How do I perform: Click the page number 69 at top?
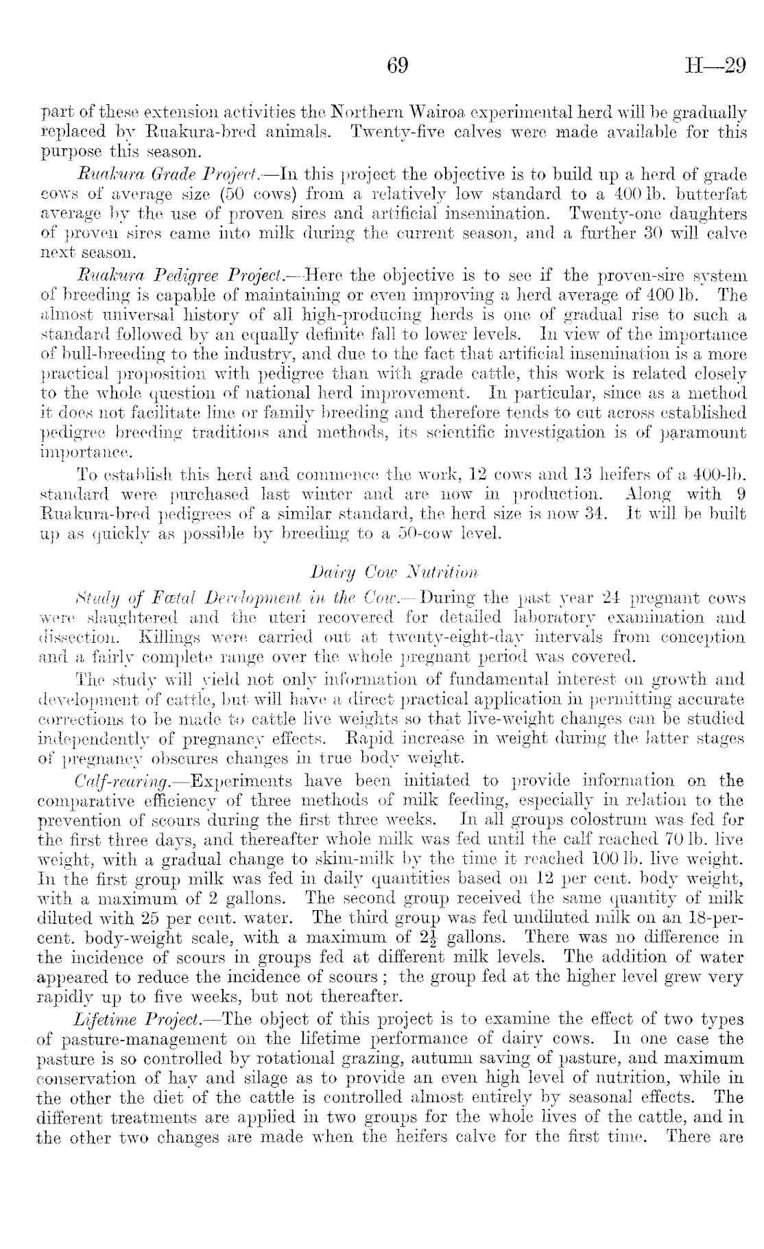pyautogui.click(x=398, y=66)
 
